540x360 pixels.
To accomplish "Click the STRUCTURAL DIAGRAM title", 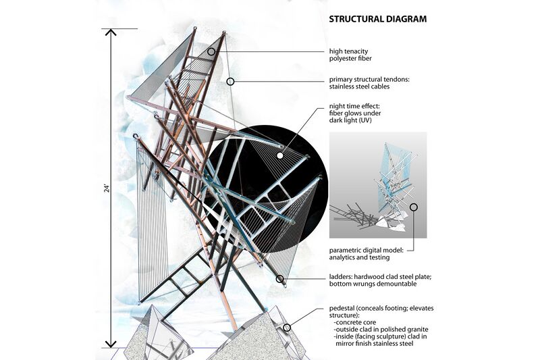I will [x=377, y=19].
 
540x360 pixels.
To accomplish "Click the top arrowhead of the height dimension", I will [x=110, y=32].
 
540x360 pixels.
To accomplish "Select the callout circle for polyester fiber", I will [x=211, y=51].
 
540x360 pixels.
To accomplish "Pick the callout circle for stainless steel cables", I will [x=230, y=81].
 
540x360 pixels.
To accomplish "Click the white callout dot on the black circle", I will [x=279, y=145].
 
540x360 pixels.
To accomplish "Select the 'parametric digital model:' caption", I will [x=367, y=250].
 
